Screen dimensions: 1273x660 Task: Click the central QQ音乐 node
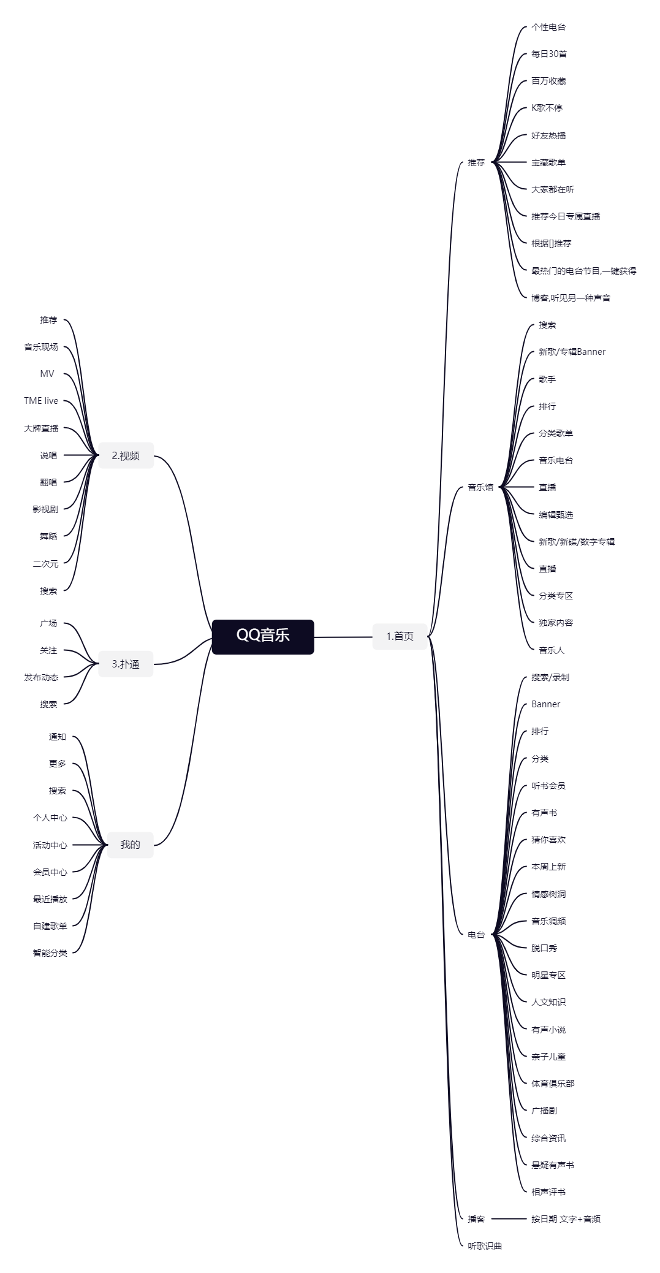[x=263, y=637]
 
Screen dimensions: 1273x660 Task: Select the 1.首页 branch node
[x=400, y=636]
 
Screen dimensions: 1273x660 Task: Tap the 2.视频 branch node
[x=126, y=455]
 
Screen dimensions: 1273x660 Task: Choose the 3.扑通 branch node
[x=126, y=664]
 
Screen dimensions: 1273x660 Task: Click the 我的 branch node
[x=130, y=845]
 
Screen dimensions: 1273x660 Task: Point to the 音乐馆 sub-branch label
[x=480, y=487]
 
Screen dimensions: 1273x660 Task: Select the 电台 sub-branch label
[x=476, y=934]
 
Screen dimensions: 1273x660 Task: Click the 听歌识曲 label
[x=485, y=1245]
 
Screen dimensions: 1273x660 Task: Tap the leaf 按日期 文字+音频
[x=566, y=1218]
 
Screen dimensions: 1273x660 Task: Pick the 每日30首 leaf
[x=549, y=54]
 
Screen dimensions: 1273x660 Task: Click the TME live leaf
[x=41, y=401]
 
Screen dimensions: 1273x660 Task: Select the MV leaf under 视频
[x=47, y=374]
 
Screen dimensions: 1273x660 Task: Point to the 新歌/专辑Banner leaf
[x=572, y=352]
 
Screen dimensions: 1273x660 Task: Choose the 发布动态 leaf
[x=41, y=677]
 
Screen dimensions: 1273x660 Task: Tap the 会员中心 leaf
[x=50, y=872]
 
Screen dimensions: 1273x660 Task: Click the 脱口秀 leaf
[x=544, y=948]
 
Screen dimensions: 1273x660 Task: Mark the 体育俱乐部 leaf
[x=553, y=1083]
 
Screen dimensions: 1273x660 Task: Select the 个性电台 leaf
[x=548, y=27]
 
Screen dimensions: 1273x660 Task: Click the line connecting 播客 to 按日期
[x=508, y=1218]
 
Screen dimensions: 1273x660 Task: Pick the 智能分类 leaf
[x=50, y=953]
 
